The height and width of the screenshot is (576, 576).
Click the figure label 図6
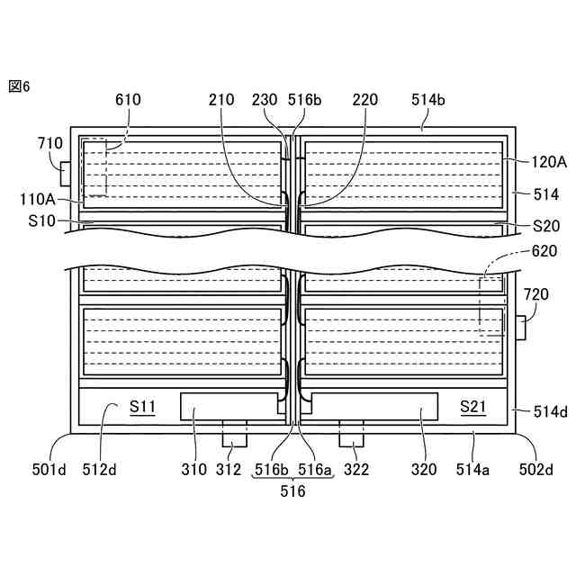click(x=19, y=86)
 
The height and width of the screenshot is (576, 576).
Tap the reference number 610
click(x=128, y=100)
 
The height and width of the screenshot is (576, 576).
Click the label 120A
click(x=549, y=163)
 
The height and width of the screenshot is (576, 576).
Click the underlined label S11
click(x=142, y=407)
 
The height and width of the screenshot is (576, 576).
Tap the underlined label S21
click(x=472, y=407)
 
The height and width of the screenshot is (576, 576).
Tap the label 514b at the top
click(x=427, y=100)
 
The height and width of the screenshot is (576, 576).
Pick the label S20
click(x=546, y=224)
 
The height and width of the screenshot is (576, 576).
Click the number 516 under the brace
click(x=292, y=492)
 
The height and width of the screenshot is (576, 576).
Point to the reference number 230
click(x=265, y=100)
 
